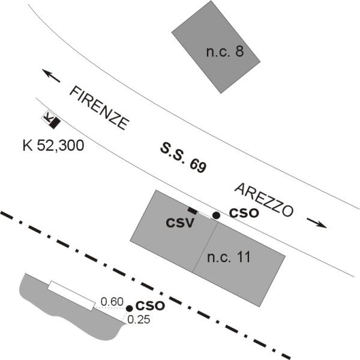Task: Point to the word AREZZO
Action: pos(264,200)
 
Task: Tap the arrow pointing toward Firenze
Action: pos(51,76)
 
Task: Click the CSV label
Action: pos(179,223)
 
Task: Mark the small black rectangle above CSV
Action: pos(193,210)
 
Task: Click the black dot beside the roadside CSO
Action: pos(216,214)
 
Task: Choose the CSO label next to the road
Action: pos(244,213)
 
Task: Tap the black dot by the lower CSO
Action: pos(129,308)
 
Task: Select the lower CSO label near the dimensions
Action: pos(150,305)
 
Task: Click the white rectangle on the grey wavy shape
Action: pos(71,295)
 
